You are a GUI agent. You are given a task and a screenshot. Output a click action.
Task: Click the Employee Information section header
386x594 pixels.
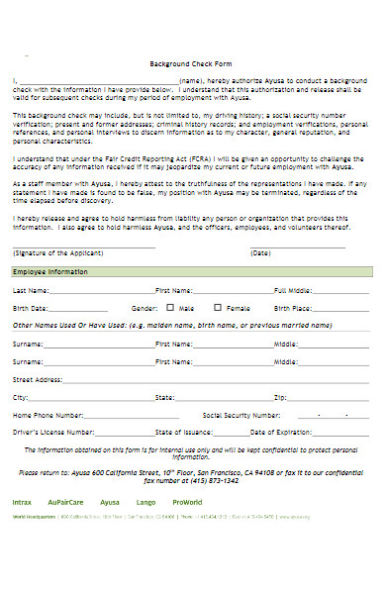coord(50,271)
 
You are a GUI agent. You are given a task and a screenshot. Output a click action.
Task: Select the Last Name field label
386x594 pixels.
coord(30,291)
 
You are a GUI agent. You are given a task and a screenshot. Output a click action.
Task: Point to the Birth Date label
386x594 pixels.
coord(30,309)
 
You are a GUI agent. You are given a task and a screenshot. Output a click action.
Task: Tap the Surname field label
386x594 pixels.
coord(28,345)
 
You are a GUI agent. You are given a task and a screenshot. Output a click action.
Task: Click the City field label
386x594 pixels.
coord(20,397)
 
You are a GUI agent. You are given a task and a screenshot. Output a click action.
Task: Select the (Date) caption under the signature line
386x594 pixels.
coord(260,252)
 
